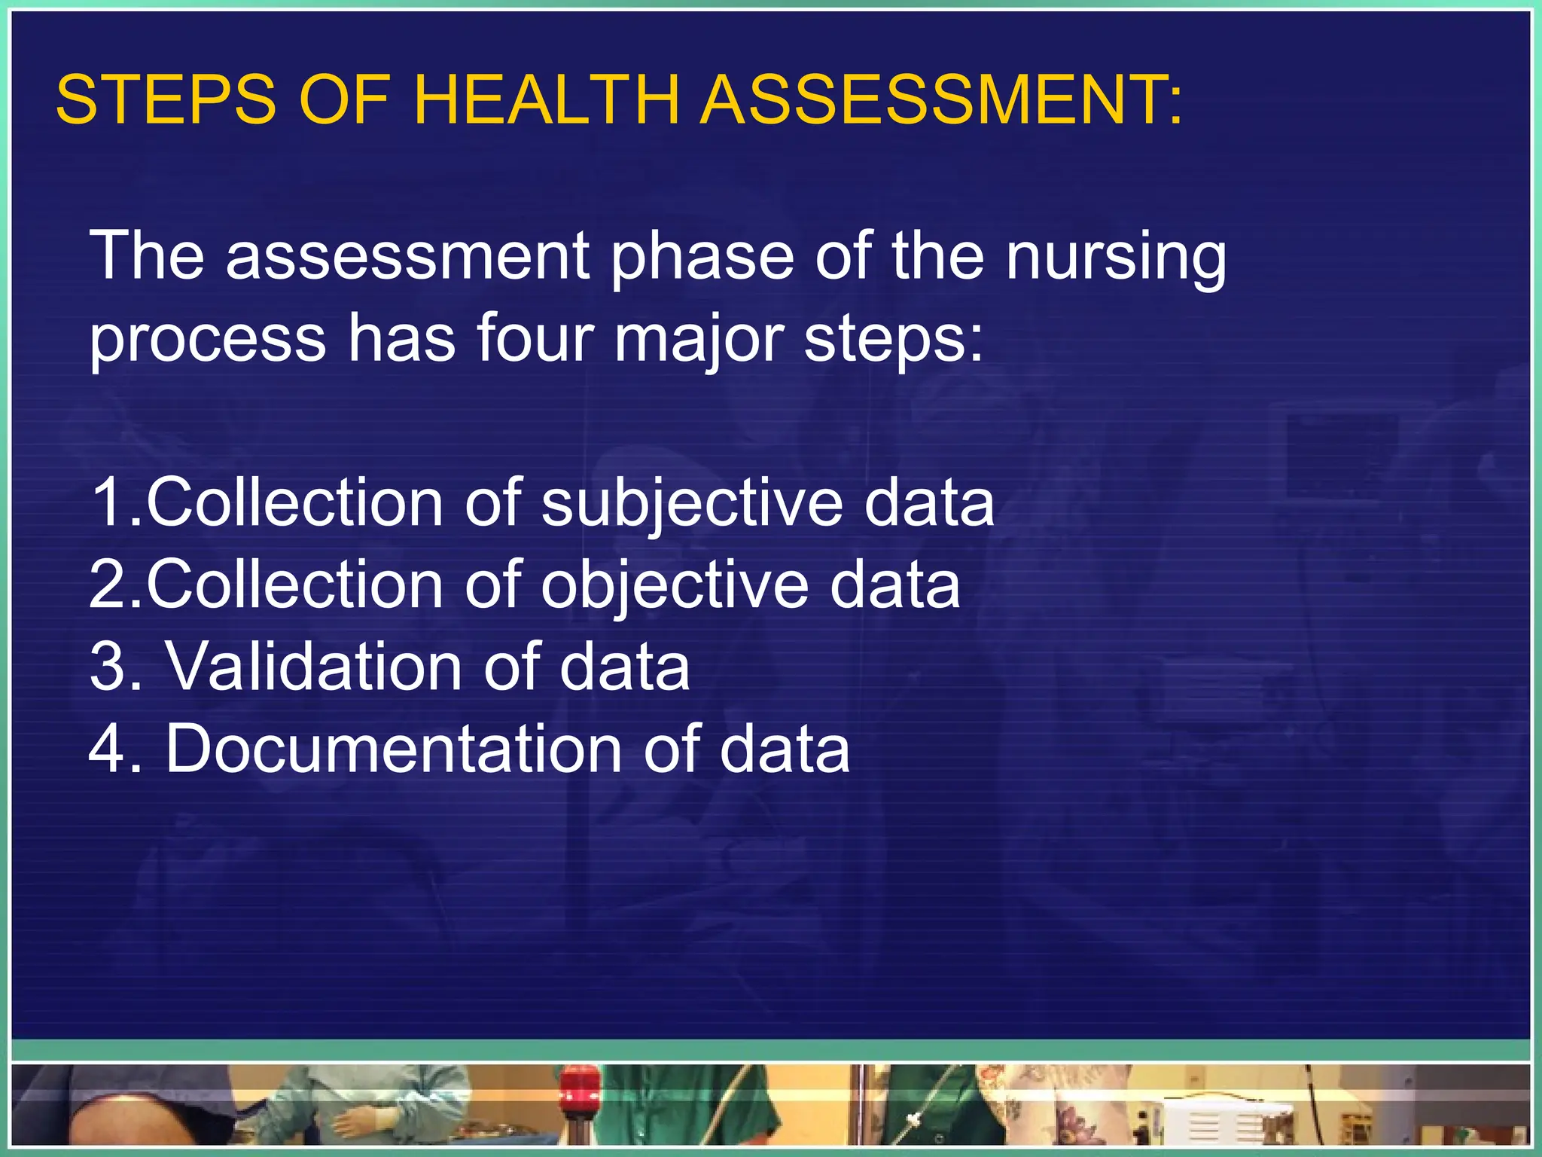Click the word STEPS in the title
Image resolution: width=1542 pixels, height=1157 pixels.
point(166,100)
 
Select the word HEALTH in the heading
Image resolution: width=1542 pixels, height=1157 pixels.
point(547,100)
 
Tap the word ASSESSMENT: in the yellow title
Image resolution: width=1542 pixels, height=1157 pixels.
point(941,100)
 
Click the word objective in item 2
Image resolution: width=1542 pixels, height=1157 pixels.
point(675,586)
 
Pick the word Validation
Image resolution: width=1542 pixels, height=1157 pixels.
point(313,667)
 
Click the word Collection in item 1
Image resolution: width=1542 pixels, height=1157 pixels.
point(294,502)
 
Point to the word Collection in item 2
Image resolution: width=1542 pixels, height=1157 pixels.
point(294,585)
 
